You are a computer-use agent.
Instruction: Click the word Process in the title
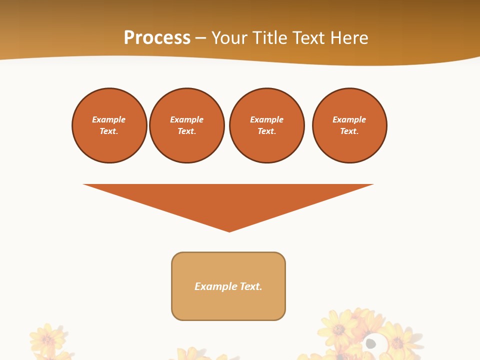tap(157, 38)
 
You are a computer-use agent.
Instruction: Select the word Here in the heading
tap(347, 38)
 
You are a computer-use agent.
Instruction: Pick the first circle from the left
tap(109, 125)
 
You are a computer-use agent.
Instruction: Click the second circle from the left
tap(187, 125)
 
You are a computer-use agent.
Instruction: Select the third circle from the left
tap(267, 125)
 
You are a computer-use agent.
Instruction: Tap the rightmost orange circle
tap(349, 125)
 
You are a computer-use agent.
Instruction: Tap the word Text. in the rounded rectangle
tap(251, 286)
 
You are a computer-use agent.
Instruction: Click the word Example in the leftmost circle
tap(109, 119)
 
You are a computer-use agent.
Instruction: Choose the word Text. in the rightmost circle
tap(349, 131)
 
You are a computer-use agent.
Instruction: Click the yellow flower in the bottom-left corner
tap(47, 339)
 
